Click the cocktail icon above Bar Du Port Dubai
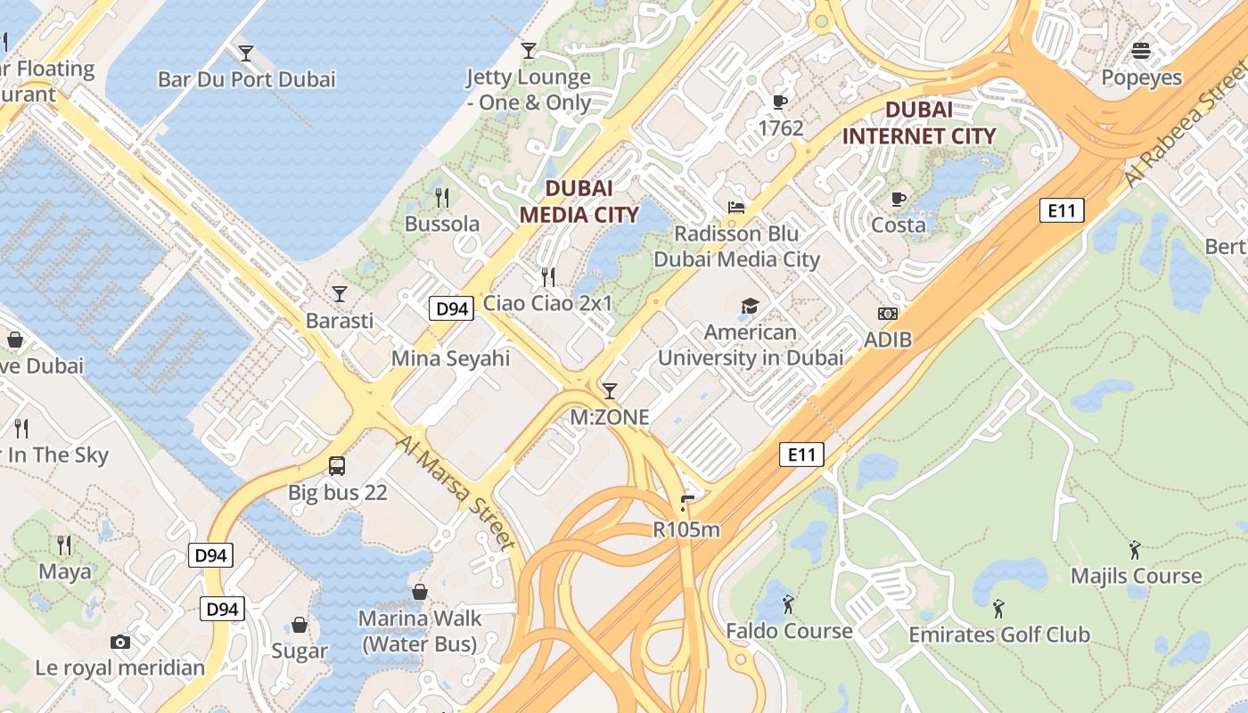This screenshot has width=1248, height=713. coord(245,53)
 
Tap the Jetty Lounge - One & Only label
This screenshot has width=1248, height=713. coord(529,90)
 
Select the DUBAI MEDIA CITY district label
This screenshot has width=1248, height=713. coord(579,201)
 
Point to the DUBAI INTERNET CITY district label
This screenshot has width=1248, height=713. coord(918,123)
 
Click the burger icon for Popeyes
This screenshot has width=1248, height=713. coord(1141,51)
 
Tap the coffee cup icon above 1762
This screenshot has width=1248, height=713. coord(780,102)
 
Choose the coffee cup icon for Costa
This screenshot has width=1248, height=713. coord(899,199)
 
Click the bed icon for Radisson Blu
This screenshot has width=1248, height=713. coord(736,208)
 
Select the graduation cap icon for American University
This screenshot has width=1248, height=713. coord(750,307)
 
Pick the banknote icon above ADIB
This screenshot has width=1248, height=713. coord(888,314)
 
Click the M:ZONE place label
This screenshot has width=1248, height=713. coord(610,416)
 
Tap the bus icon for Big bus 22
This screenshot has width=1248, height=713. coord(337,465)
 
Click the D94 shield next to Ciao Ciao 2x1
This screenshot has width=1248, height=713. coord(450,309)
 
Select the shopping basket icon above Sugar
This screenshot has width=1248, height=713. coord(300,625)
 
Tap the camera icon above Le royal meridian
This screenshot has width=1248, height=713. coord(119,642)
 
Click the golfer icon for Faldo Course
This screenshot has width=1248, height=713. coord(788,605)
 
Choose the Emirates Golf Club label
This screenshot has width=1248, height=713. coord(998,635)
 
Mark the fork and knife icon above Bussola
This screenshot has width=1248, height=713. coord(442,197)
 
